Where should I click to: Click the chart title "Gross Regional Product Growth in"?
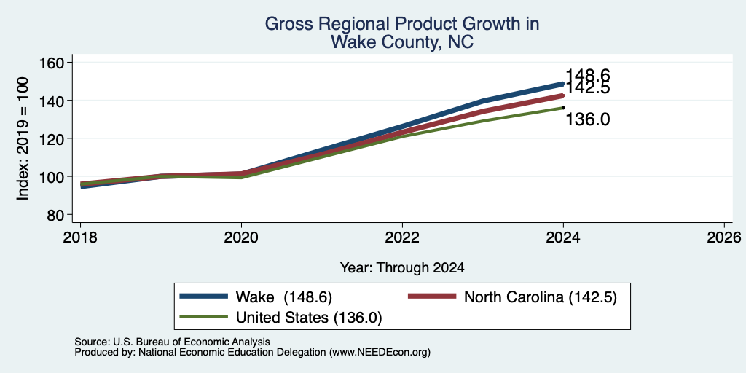[402, 24]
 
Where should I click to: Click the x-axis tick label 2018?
[81, 237]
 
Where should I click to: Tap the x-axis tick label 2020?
[242, 237]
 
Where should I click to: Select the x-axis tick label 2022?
[402, 237]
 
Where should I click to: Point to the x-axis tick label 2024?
[563, 237]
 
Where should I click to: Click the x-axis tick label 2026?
[724, 237]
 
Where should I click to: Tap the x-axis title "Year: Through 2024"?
[402, 268]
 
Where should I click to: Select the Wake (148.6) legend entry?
[256, 297]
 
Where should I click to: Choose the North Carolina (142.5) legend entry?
[513, 297]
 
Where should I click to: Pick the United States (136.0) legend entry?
[280, 318]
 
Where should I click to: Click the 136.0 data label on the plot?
[588, 120]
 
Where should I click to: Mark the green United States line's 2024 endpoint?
[563, 108]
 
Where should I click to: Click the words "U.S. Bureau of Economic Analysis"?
[192, 342]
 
